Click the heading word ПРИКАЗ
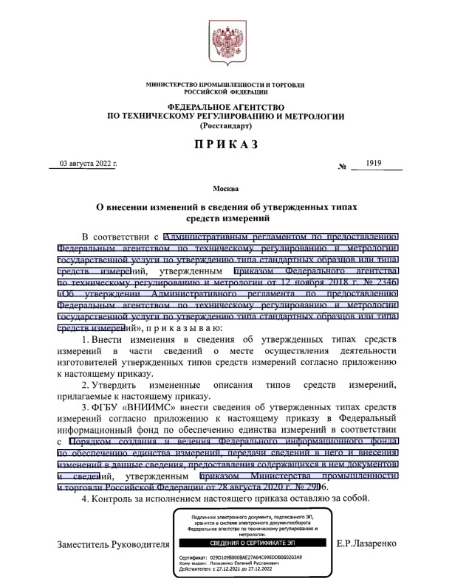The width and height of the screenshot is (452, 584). (226, 145)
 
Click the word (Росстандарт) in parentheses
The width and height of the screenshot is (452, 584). (226, 126)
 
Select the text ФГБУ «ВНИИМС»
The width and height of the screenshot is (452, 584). (129, 406)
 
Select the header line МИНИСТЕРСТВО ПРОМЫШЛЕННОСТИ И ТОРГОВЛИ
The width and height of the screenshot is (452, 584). (226, 86)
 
